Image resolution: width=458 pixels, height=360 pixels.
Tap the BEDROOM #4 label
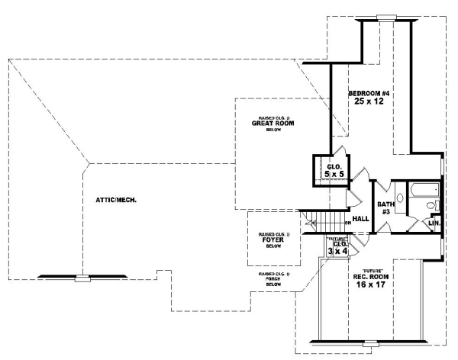pos(369,93)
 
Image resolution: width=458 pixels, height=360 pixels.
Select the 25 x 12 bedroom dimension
pos(370,101)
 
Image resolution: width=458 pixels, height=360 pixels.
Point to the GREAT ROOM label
pos(273,124)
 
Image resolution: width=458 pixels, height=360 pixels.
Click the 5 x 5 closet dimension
pos(332,175)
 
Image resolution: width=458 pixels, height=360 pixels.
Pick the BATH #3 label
pos(385,207)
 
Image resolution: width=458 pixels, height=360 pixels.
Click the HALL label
pos(361,219)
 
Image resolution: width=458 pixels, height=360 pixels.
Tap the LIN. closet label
pos(434,223)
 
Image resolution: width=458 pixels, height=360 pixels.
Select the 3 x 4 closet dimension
pos(337,250)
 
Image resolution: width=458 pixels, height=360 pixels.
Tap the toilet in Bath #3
pos(431,206)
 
